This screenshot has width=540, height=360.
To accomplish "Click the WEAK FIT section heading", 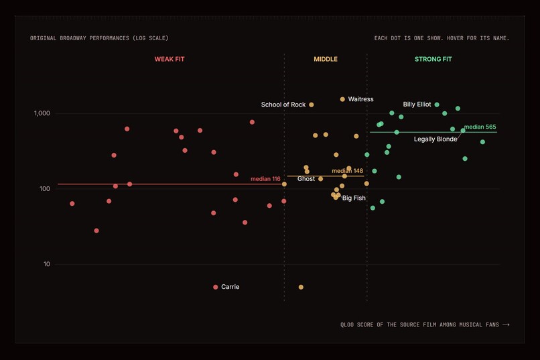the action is click(x=170, y=59).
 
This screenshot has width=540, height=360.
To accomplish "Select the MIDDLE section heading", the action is click(x=326, y=59).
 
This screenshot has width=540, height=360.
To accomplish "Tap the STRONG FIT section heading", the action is click(x=433, y=59).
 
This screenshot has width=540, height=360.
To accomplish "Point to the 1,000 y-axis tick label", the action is click(x=42, y=113).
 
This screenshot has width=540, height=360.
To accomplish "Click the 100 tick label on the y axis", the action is click(x=45, y=189).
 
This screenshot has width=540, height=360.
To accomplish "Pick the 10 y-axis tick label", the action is click(x=46, y=264).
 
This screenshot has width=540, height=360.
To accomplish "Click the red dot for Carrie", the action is click(x=216, y=287).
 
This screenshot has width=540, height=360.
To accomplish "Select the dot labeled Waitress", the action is click(x=342, y=99).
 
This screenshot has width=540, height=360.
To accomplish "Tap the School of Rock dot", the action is click(x=312, y=105).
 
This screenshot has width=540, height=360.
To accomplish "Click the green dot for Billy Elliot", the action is click(x=437, y=105).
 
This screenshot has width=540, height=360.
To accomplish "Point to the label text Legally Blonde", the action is click(x=435, y=139).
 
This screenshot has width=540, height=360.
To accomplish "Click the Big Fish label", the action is click(x=354, y=198).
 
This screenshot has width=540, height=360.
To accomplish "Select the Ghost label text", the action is click(x=306, y=179).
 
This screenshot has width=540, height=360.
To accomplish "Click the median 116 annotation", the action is click(x=265, y=179).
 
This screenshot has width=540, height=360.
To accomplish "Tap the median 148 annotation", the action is click(x=347, y=171).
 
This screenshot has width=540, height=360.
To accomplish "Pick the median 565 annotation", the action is click(x=480, y=127).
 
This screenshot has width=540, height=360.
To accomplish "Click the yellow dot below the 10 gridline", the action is click(x=301, y=287).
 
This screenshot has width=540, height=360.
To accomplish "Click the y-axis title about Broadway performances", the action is click(x=99, y=38).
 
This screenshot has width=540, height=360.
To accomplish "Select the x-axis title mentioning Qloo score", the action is click(x=419, y=324).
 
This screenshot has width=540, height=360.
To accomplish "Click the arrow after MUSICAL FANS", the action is click(x=506, y=324).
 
